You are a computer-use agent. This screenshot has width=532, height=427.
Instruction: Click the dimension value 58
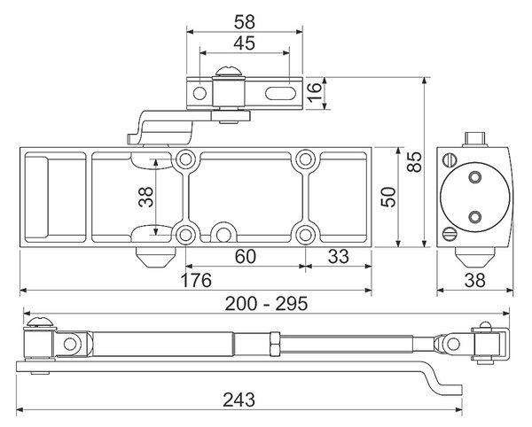[245, 21]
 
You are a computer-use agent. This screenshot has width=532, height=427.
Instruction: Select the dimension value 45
[245, 43]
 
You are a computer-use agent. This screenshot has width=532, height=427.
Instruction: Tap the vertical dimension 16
[314, 91]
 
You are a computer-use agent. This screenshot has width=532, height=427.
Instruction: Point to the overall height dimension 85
[414, 162]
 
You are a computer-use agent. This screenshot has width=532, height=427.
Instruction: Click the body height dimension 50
[388, 197]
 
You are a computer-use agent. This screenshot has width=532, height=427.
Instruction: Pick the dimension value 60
[246, 257]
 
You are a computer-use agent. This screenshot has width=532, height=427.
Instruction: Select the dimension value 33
[339, 257]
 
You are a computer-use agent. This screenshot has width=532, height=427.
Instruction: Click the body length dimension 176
[196, 280]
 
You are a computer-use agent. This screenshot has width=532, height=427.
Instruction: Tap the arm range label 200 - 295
[266, 304]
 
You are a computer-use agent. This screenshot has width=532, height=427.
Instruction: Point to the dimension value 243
[239, 400]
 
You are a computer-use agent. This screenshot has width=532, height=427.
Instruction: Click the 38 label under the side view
[474, 280]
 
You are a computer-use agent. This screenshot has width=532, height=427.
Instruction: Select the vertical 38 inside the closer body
[146, 197]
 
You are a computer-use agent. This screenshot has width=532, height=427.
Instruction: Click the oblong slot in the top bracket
[279, 93]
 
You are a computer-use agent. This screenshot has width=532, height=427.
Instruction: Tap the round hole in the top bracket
[199, 93]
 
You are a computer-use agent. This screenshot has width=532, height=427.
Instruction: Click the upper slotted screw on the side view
[450, 159]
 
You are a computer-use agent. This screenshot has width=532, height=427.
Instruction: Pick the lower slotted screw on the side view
[450, 234]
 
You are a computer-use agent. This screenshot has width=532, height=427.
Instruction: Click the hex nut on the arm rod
[275, 344]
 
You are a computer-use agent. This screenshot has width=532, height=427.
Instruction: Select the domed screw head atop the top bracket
[229, 72]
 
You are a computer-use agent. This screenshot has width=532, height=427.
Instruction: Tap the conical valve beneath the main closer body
[154, 257]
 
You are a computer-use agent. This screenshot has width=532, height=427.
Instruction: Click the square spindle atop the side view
[475, 139]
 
